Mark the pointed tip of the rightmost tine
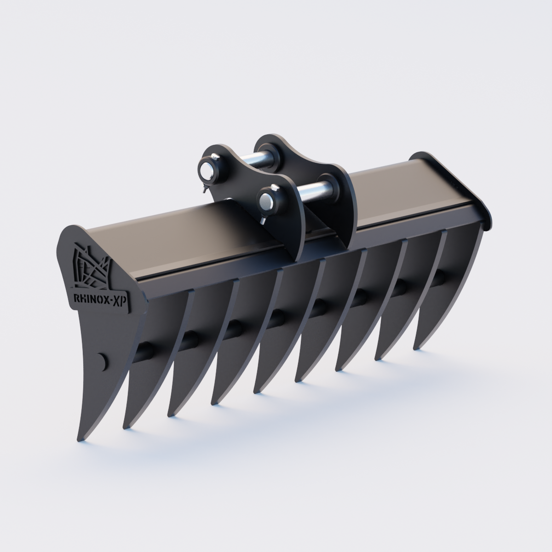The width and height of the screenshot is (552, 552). (414, 348)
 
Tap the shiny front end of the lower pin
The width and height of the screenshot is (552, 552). (265, 202)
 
